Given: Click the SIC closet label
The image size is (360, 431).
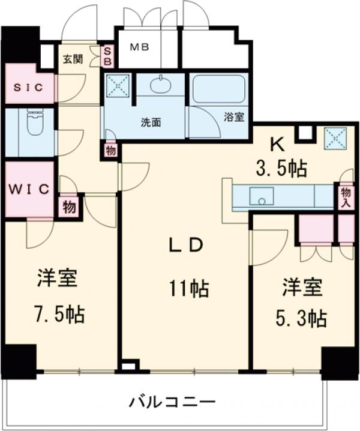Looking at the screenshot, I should tap(28, 88).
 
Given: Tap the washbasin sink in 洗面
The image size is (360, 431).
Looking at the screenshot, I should tap(160, 86).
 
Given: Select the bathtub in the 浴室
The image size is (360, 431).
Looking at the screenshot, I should tap(218, 89).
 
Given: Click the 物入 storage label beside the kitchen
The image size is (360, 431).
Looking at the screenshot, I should tap(346, 196).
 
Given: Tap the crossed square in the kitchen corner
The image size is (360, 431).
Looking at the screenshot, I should tap(333, 138).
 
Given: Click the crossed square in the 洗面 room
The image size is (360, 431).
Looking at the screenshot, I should tap(118, 86).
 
